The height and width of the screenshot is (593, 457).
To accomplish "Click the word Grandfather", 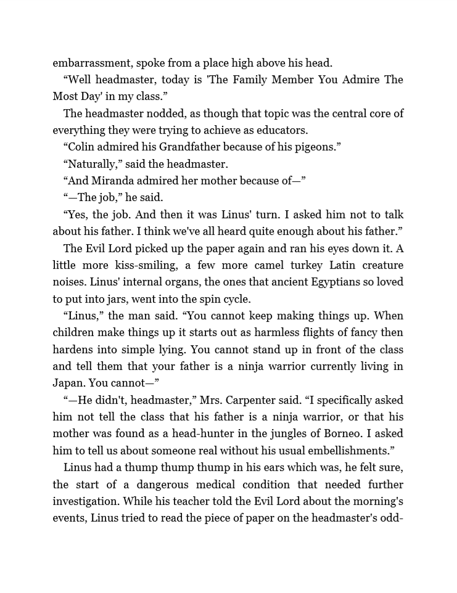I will pyautogui.click(x=189, y=147).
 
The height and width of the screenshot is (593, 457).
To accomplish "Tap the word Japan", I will pyautogui.click(x=68, y=383).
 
